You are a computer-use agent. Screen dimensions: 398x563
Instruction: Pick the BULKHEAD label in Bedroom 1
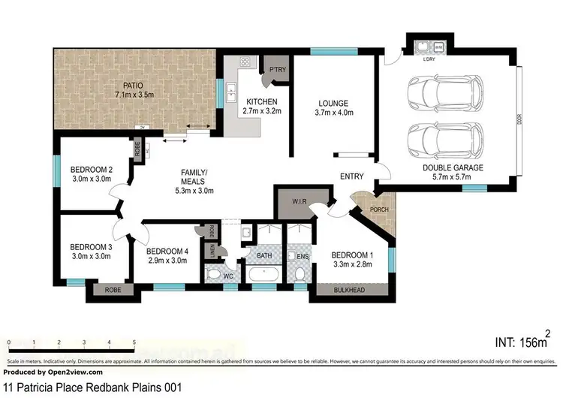351,289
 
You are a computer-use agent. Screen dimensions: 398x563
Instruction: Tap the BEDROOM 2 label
91,173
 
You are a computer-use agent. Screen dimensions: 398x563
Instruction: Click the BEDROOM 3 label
91,251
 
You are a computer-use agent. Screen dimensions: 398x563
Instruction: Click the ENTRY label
351,177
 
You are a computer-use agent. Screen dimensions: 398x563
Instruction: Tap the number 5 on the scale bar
134,342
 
